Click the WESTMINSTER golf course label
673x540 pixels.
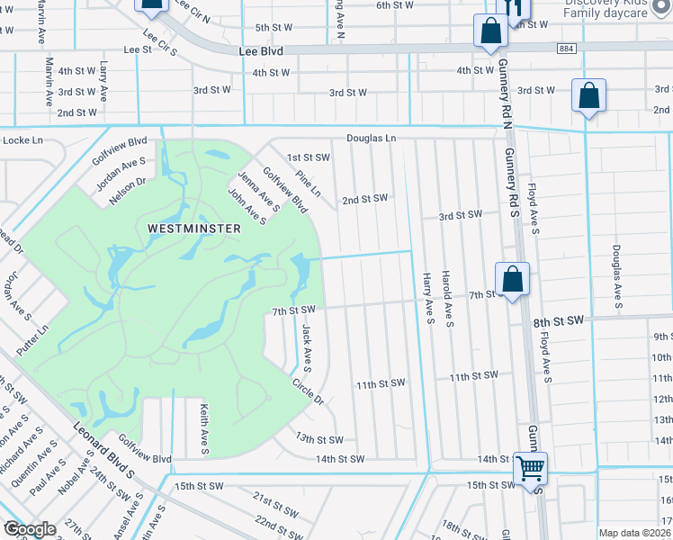pos(194,229)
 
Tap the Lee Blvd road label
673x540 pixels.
pos(261,52)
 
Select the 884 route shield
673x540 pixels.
pos(565,48)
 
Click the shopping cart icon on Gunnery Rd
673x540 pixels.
pos(530,468)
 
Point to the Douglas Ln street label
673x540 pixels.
pos(372,139)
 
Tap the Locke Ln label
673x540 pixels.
pos(23,140)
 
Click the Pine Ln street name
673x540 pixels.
pos(308,185)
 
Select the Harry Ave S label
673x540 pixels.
pos(428,300)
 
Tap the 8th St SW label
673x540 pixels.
pos(558,320)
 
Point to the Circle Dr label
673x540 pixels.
pos(307,391)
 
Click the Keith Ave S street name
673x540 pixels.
pos(204,429)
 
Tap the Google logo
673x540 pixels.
pos(29,529)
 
